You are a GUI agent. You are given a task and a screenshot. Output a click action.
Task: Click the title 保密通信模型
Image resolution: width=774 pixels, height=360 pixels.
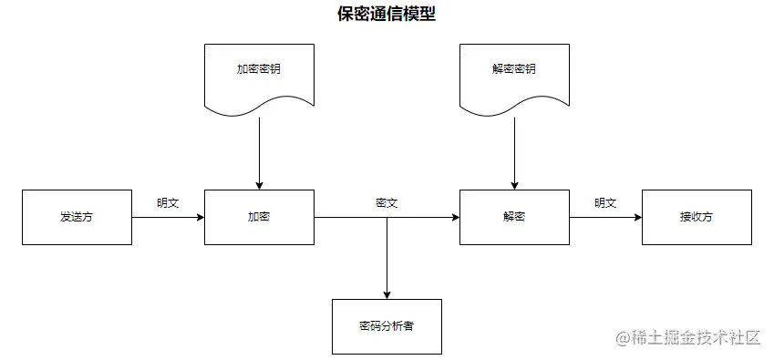click(x=387, y=15)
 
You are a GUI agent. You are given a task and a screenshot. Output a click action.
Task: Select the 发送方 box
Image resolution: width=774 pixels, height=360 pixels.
click(x=77, y=217)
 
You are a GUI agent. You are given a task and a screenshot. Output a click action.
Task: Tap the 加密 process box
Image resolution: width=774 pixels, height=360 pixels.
click(x=259, y=217)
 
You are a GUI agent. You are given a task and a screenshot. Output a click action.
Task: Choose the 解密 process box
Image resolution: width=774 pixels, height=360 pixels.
click(x=514, y=217)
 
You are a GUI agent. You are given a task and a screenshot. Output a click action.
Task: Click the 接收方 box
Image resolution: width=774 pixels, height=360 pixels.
click(x=697, y=217)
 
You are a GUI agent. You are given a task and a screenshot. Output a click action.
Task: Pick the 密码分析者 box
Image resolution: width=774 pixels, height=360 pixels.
click(x=387, y=325)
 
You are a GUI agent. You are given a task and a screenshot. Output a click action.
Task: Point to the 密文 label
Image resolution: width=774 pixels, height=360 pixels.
click(x=387, y=202)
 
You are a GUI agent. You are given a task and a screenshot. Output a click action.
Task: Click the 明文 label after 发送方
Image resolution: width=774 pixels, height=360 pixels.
click(x=168, y=202)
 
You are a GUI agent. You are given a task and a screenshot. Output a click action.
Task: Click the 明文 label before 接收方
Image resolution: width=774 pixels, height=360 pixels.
click(x=605, y=202)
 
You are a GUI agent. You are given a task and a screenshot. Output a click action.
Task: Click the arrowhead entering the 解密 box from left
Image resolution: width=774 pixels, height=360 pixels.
click(x=454, y=218)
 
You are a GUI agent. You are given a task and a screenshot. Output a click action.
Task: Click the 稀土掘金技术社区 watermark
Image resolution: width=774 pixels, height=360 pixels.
click(x=688, y=338)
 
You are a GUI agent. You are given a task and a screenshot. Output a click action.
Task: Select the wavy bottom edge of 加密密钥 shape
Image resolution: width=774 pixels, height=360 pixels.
click(x=259, y=110)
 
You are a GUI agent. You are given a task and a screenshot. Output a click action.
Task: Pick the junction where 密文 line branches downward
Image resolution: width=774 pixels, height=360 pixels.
click(x=387, y=218)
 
